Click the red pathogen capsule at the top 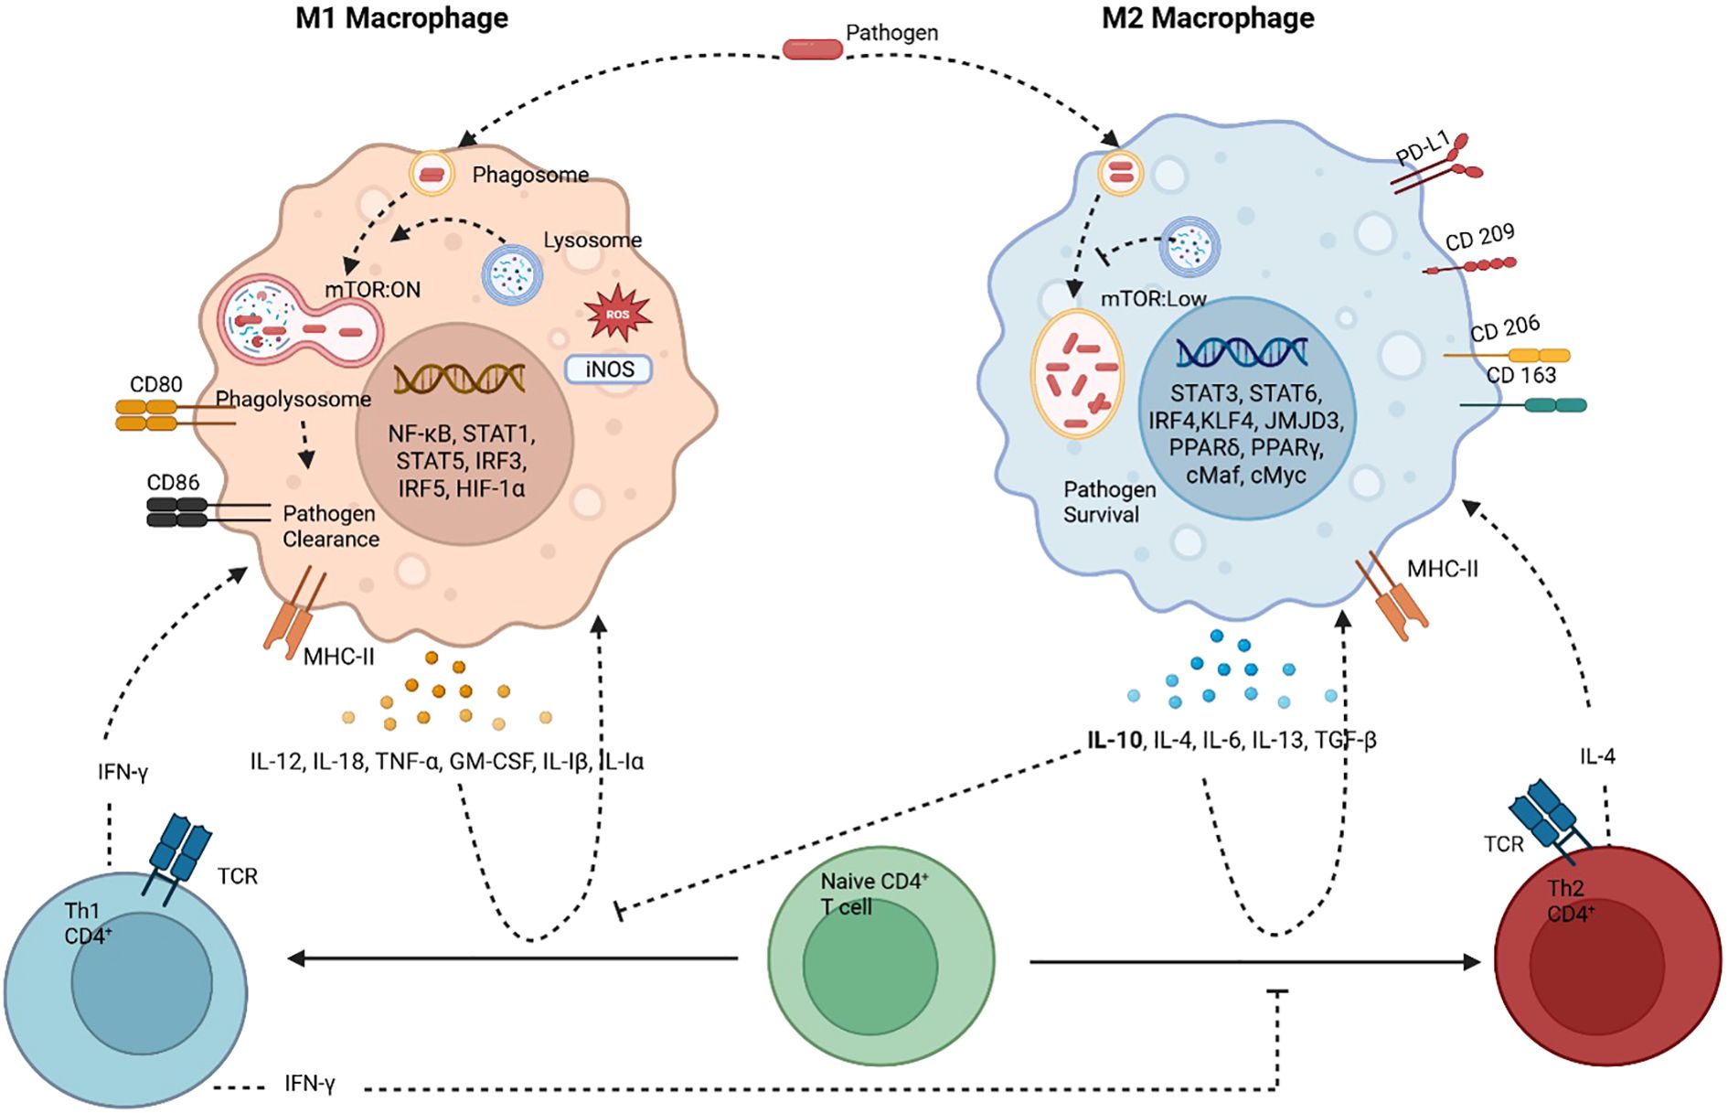812,49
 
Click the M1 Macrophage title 401,18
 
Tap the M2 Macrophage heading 1208,18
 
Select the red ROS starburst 618,314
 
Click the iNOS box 609,369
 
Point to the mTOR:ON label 373,290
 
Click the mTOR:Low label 1153,299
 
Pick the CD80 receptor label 155,384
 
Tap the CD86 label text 173,482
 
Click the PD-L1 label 1423,148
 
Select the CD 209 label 1479,237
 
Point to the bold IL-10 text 1115,740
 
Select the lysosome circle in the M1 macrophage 512,273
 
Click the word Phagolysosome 293,400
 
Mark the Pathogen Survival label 1109,502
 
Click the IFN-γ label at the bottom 310,1084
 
